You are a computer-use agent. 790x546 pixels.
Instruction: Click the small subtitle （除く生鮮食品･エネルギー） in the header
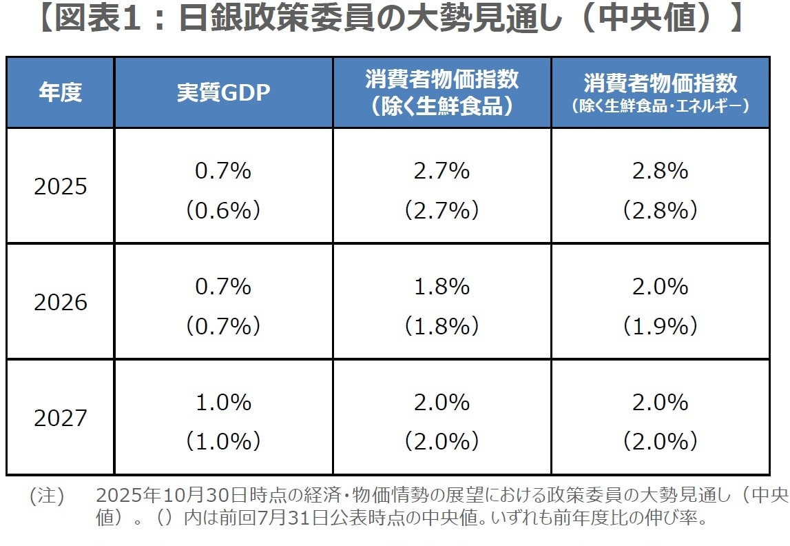pyautogui.click(x=660, y=107)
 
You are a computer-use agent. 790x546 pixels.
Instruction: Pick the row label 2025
pyautogui.click(x=61, y=187)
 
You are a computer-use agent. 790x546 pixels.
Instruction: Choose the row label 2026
pyautogui.click(x=61, y=302)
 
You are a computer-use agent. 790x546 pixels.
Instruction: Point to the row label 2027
pyautogui.click(x=61, y=418)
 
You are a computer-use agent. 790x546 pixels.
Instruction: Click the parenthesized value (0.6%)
pyautogui.click(x=223, y=210)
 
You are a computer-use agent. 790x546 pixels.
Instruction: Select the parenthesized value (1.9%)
pyautogui.click(x=660, y=325)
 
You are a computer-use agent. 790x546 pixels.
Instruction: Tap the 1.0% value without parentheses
pyautogui.click(x=223, y=402)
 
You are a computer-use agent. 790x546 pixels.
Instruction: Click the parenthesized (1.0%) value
pyautogui.click(x=223, y=441)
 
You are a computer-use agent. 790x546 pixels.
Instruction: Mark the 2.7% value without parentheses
pyautogui.click(x=441, y=171)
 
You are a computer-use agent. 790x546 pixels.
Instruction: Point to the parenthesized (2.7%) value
pyautogui.click(x=441, y=210)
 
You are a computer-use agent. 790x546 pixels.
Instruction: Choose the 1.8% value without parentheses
pyautogui.click(x=441, y=286)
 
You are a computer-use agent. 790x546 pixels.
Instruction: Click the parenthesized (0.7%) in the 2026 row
pyautogui.click(x=223, y=325)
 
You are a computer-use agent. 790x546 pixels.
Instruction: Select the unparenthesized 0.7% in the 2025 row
pyautogui.click(x=223, y=171)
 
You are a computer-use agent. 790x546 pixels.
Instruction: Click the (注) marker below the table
pyautogui.click(x=46, y=496)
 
